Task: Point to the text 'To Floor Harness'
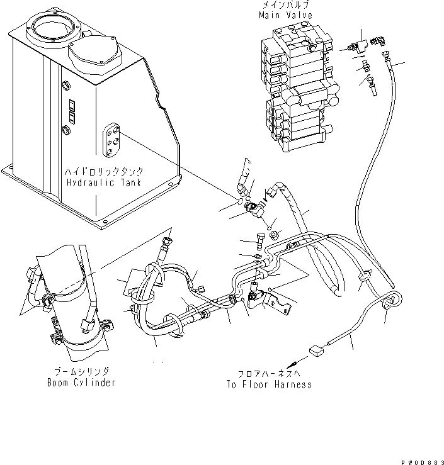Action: (x=268, y=384)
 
